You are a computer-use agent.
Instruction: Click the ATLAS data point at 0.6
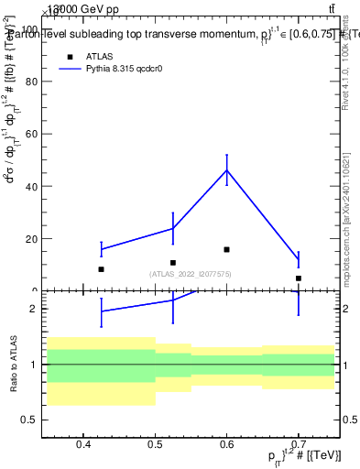[x=226, y=249]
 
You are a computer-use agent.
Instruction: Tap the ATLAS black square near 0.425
[x=101, y=269]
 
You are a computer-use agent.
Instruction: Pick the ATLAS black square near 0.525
[x=173, y=263]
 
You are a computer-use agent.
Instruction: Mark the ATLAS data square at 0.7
[x=299, y=278]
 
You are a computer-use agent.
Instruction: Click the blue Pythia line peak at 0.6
[x=226, y=170]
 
